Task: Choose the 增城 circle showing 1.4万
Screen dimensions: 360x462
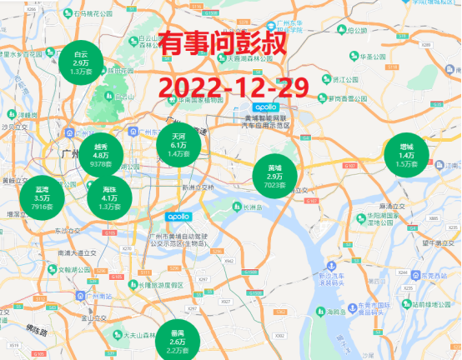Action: tap(406, 155)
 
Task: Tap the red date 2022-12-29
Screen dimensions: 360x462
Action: tap(234, 86)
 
